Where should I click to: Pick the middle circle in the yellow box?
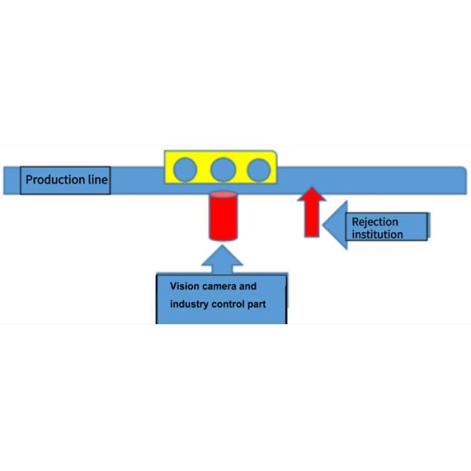(224, 169)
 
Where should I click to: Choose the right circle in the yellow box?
(258, 169)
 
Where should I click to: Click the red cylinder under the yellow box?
(221, 217)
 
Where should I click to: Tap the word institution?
(378, 234)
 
